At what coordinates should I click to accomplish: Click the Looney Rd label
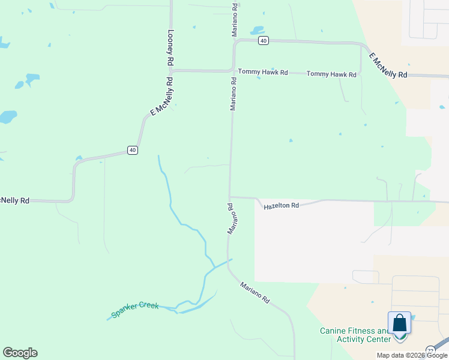170,48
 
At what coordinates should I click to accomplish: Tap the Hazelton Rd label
281,206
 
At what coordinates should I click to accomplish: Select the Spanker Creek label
135,310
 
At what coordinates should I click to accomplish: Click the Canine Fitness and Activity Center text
354,335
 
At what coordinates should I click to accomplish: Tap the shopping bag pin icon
400,325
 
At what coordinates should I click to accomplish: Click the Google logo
20,353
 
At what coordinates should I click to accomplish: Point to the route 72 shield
431,350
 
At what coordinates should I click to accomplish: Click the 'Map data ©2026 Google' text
412,355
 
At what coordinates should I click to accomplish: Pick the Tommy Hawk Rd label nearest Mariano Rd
263,72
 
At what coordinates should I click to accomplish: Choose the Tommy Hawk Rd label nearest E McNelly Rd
331,74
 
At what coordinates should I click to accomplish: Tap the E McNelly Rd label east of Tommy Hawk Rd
388,65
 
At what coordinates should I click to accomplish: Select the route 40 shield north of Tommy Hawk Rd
263,40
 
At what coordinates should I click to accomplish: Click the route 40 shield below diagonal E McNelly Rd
133,150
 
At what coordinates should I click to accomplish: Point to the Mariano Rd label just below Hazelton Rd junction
231,218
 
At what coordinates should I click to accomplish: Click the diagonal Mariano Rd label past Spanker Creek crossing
255,292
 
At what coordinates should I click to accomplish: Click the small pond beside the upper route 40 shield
257,29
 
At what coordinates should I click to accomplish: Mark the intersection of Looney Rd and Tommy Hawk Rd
170,70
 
